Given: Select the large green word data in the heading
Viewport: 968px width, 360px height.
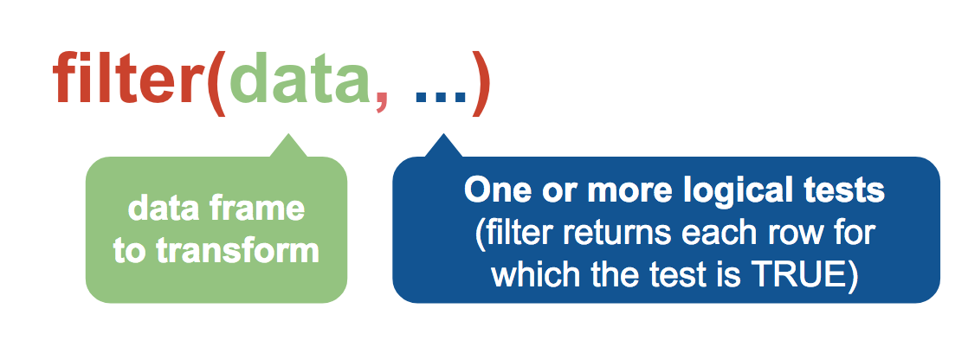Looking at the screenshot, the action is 300,78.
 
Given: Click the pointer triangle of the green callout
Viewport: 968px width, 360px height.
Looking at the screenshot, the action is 288,145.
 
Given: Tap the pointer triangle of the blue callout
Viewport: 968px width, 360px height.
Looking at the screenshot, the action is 442,145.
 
